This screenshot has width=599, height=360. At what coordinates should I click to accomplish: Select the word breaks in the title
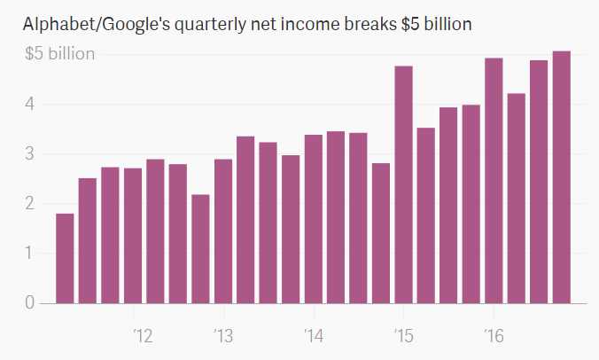point(356,25)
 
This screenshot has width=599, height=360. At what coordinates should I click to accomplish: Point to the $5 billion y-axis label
point(59,54)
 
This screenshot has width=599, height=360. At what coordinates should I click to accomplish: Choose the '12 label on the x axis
point(142,336)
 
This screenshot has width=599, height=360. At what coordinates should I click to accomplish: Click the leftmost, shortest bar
point(65,258)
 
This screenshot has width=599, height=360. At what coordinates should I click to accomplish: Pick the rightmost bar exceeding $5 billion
point(561,177)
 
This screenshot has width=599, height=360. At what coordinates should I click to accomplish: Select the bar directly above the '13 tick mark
point(223,231)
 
